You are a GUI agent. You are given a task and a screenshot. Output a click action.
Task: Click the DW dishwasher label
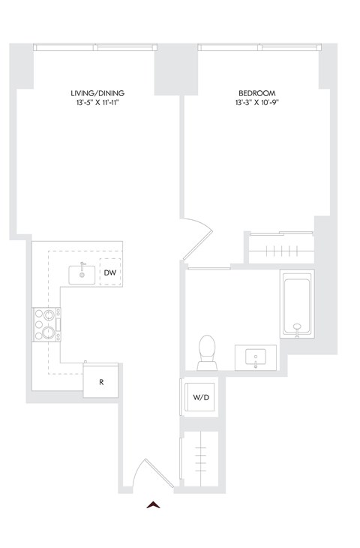coord(109,272)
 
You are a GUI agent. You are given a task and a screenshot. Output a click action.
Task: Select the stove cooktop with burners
coord(46,324)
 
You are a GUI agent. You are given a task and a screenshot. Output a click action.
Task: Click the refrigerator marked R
coord(101,382)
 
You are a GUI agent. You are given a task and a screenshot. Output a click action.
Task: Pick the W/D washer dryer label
coord(200,397)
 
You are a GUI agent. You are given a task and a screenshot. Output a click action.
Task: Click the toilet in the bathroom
coord(207,351)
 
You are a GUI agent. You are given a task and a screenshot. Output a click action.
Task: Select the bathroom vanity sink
coord(256,357)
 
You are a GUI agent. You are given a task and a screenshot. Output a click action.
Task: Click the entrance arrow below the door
coord(154,505)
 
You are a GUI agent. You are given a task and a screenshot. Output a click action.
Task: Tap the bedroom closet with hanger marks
coord(280,248)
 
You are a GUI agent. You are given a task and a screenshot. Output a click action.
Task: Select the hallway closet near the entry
coord(199,459)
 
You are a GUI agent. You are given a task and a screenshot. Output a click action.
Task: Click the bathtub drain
coord(297,327)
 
